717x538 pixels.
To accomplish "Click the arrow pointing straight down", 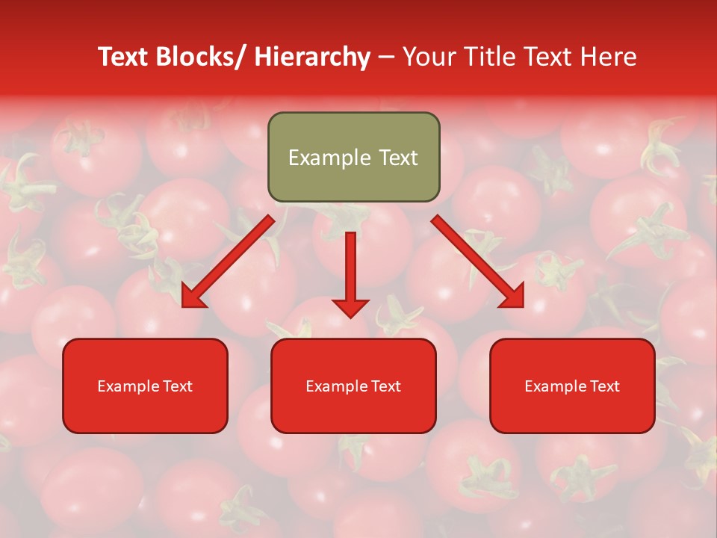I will (350, 273).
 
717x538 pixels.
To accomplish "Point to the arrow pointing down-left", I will (228, 262).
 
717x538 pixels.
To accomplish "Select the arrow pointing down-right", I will (478, 262).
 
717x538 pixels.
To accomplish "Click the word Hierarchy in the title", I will (312, 57).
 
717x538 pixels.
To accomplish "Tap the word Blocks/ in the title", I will (203, 57).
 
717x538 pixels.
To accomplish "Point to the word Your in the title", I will (426, 57).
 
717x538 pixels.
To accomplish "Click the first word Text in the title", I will (123, 57).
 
